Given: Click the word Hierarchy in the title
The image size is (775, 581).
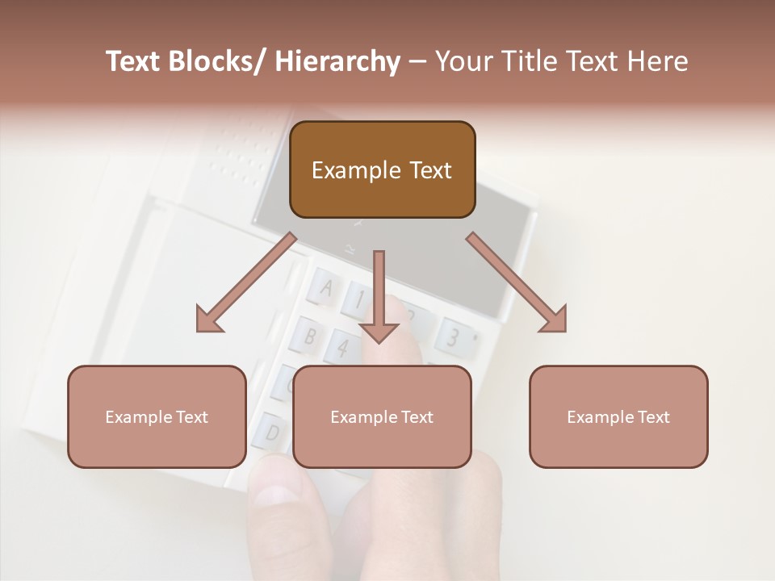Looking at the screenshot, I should point(337,61).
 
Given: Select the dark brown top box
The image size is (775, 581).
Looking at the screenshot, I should point(382,169).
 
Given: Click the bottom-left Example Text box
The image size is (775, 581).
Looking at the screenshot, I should point(157,416).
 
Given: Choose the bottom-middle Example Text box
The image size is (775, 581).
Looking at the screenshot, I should point(382,416).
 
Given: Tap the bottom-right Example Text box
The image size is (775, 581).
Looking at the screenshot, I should point(618,416).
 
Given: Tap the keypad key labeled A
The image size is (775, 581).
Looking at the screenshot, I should point(326,288).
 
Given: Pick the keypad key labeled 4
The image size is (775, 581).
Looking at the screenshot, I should point(343,348).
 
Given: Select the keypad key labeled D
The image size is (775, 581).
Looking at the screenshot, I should point(271,431).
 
